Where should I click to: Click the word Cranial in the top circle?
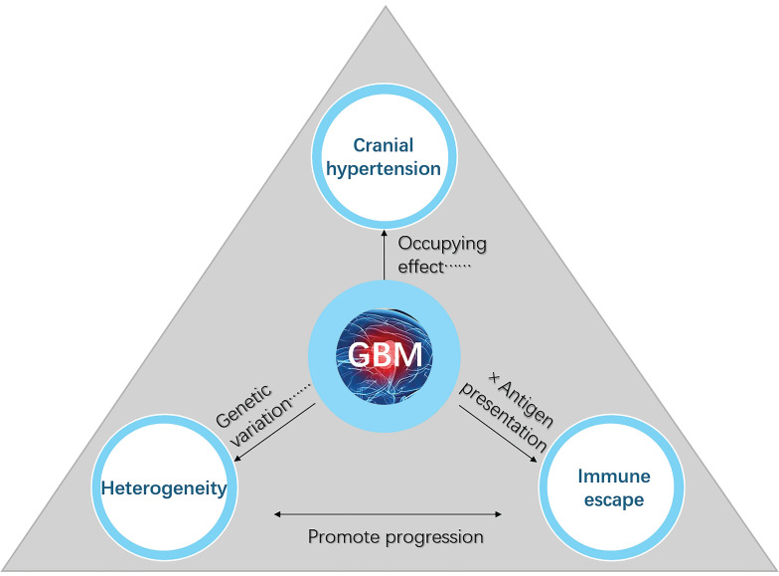384,145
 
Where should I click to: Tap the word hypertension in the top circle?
384,169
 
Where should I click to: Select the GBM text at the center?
386,354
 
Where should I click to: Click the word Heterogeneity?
164,488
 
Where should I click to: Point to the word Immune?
614,476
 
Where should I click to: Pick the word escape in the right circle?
614,499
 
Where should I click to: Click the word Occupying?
442,244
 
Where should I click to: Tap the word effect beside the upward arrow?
420,267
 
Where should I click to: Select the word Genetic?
243,405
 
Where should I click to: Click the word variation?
261,422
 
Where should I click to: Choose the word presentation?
503,417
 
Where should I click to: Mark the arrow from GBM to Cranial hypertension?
384,255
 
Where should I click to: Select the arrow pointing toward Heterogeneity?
274,432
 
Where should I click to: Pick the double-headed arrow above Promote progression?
388,514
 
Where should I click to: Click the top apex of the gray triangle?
386,6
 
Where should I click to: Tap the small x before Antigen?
493,377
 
